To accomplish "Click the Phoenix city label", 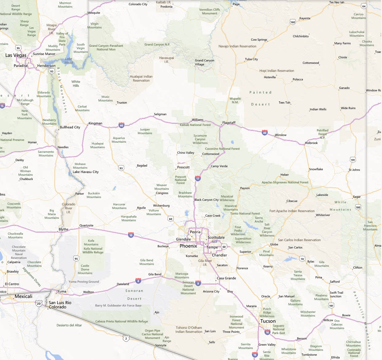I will [188, 246].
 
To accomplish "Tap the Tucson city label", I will [268, 321].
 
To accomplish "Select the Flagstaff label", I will [229, 123].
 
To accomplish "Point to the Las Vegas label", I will [16, 55].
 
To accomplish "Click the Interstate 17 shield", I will [198, 178].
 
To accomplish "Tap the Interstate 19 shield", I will [255, 355].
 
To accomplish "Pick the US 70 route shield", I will [302, 259].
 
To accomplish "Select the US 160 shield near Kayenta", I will [293, 22].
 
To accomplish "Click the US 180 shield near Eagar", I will [358, 207].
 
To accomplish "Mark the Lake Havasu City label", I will [85, 172].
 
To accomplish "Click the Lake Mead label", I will [68, 61].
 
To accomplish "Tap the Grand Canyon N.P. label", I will [157, 45].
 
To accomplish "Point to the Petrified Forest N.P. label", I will [322, 134].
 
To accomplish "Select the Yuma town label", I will [62, 291].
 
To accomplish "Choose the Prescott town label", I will [183, 167].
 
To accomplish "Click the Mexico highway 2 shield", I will [126, 338].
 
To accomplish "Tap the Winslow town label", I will [281, 135].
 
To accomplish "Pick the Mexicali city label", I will [24, 296].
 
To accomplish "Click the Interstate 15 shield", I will [2, 106].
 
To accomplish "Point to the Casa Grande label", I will [226, 278].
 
